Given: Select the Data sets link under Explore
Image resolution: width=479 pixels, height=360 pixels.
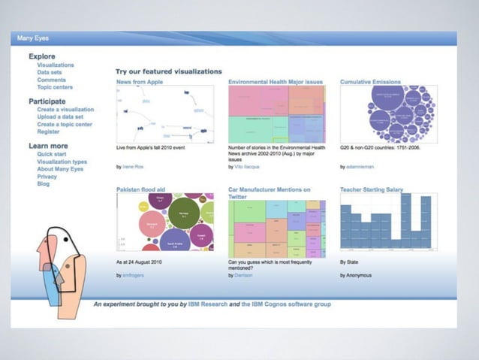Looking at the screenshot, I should click(50, 72).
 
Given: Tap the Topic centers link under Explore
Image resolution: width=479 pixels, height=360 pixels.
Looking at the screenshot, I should click(56, 87).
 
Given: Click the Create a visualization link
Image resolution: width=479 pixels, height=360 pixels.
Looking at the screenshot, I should click(65, 110).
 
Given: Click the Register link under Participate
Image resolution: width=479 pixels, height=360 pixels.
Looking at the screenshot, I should click(48, 132).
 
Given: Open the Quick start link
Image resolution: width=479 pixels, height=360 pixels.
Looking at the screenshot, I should click(52, 154).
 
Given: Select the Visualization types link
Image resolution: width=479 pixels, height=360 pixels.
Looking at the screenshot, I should click(62, 162).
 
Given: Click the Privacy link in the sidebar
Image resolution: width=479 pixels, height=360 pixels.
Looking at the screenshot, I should click(47, 177).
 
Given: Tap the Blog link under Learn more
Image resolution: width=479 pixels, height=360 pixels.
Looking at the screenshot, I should click(43, 184).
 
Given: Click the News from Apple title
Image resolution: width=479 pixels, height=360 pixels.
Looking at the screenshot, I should click(140, 82).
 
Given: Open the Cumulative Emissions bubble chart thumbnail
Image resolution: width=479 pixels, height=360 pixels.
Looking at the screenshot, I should click(388, 113).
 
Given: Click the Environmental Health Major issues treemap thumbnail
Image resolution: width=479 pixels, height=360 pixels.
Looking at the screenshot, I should click(276, 113).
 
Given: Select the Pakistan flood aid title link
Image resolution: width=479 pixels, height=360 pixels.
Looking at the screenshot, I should click(140, 190).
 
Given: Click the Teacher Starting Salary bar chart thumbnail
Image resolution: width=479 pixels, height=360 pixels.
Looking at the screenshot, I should click(388, 223).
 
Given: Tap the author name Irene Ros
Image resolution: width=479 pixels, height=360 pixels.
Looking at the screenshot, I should click(134, 167).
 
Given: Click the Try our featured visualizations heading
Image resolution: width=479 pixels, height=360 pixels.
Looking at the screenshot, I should click(169, 71).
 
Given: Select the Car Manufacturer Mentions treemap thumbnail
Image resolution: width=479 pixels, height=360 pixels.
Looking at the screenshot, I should click(276, 228).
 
